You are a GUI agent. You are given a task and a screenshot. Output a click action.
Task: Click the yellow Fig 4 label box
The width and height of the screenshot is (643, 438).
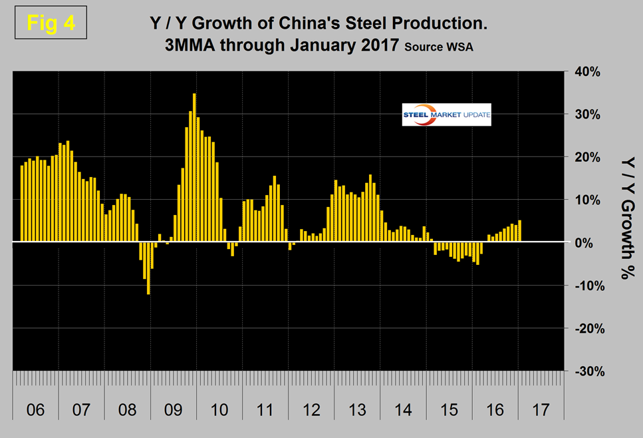[51, 23]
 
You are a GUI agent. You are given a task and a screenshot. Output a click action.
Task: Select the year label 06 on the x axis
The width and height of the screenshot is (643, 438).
[35, 409]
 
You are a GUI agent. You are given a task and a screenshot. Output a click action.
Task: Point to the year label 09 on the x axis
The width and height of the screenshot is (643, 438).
[174, 409]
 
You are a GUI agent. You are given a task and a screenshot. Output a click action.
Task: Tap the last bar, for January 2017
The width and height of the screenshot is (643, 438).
[519, 231]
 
